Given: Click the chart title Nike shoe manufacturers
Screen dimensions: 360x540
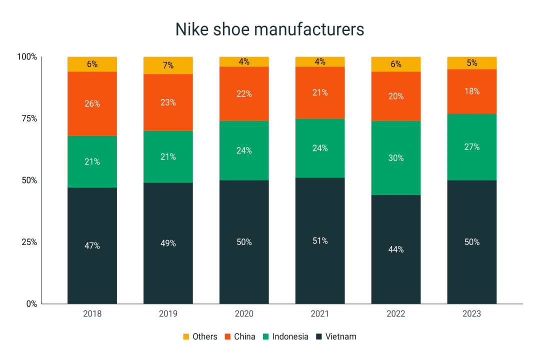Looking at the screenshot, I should point(269,29).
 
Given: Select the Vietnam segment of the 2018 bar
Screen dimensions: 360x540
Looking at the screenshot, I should point(92,260).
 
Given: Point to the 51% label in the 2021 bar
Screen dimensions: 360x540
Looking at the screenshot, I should point(320,240).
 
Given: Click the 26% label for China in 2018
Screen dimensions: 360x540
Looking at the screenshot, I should point(92,103).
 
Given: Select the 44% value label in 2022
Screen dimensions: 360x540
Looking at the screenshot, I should point(395,249).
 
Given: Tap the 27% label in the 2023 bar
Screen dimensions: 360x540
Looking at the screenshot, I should point(471,147).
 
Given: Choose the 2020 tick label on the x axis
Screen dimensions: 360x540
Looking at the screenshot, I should point(244,314).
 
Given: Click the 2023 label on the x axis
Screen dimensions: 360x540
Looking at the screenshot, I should point(471,314).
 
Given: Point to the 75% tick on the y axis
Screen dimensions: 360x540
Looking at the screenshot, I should point(28,118).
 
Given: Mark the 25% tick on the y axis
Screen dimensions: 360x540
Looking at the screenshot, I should point(28,242).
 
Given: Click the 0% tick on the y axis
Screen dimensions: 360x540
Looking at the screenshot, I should point(31,303).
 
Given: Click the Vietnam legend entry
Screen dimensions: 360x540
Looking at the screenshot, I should point(340,336).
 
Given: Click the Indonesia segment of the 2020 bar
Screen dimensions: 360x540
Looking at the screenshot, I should point(244,150).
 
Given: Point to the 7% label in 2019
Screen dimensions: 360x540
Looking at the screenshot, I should point(168,65).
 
